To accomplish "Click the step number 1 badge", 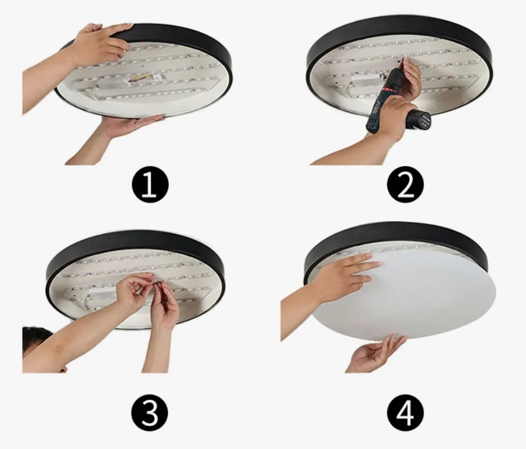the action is coord(150,185).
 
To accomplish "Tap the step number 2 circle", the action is coord(406,185).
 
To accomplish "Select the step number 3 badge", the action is coord(150,412).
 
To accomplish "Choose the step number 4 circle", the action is coord(406,412).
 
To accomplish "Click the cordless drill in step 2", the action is coord(392,103).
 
